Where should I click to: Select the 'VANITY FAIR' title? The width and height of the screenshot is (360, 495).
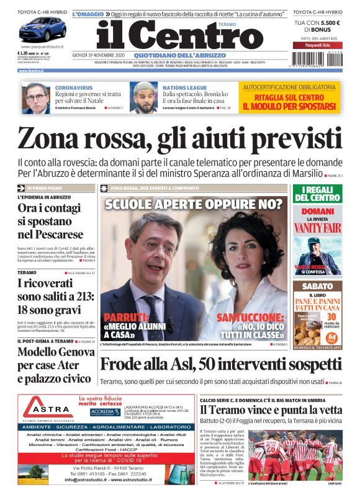317,228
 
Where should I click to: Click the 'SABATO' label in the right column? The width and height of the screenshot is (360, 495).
317,287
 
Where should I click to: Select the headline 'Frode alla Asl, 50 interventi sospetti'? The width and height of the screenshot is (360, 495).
220,365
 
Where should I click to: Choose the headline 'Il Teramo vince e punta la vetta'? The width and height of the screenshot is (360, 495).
270,409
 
